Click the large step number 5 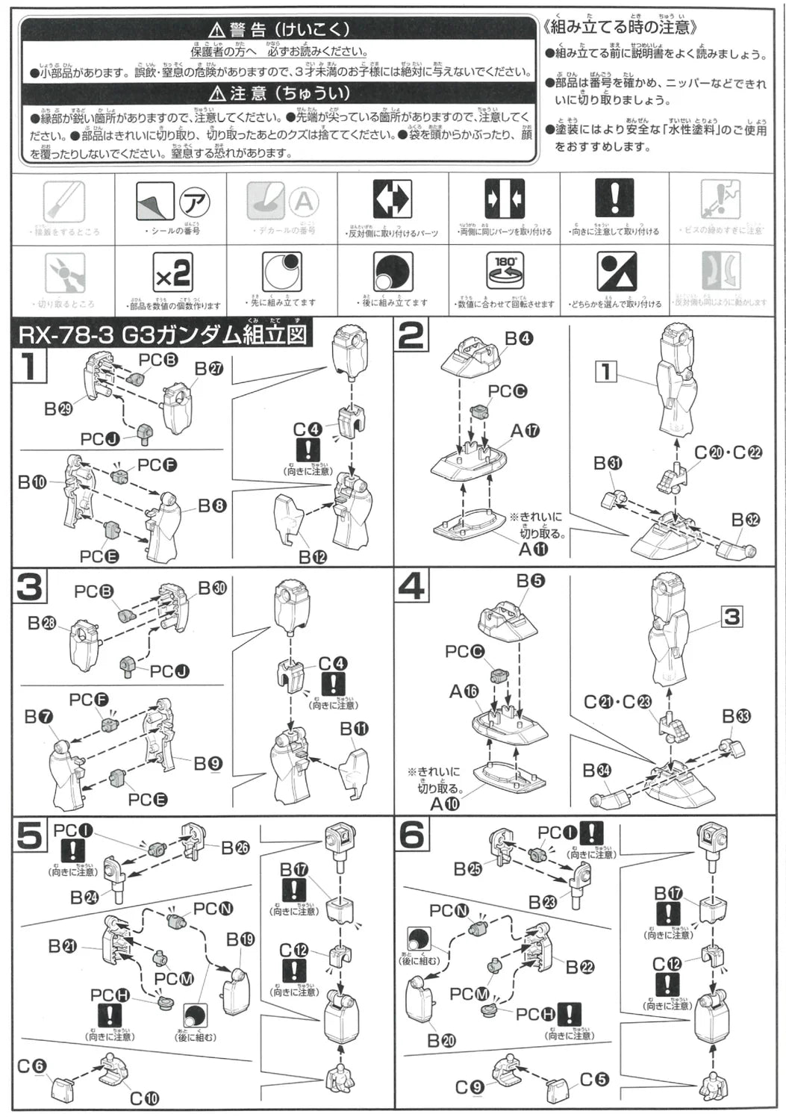point(30,836)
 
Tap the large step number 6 point(411,836)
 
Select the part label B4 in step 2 point(519,339)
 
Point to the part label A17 point(525,431)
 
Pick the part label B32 point(745,520)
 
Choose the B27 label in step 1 point(209,368)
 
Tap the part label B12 point(313,557)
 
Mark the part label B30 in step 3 point(212,588)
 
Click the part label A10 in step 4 point(445,804)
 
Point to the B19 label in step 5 point(240,939)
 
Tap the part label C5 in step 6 point(594,1080)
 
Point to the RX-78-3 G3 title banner point(162,335)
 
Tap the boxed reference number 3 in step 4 point(732,617)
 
